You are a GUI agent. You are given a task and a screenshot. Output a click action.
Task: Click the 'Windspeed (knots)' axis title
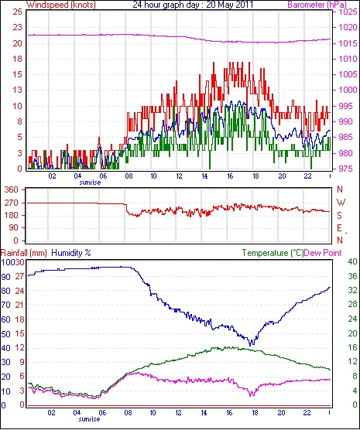click(61, 5)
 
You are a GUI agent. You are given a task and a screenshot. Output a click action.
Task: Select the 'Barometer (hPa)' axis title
click(317, 5)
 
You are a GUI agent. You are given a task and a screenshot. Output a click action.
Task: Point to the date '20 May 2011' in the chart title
click(229, 5)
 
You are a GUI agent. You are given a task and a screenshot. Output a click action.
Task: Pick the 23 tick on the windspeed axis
click(17, 27)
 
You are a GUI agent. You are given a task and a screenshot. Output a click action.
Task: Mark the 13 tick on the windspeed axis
click(17, 90)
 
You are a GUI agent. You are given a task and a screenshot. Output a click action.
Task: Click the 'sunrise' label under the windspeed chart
click(90, 183)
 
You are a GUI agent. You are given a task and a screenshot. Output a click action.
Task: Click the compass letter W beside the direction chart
click(341, 203)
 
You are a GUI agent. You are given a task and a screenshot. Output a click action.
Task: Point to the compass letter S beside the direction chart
click(340, 216)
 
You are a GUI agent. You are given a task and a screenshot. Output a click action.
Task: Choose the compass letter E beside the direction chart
click(339, 228)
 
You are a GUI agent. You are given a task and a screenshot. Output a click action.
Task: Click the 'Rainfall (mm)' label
click(24, 253)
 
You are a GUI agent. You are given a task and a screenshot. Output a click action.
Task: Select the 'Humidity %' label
click(71, 253)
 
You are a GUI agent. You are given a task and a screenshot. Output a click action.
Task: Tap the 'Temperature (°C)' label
click(273, 253)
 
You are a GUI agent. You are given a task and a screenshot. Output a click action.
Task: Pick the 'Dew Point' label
click(323, 253)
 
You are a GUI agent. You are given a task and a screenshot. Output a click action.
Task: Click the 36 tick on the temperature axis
click(352, 276)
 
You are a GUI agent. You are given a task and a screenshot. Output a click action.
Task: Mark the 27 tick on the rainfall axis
click(20, 276)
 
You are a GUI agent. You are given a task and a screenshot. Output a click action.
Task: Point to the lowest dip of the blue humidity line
click(250, 346)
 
